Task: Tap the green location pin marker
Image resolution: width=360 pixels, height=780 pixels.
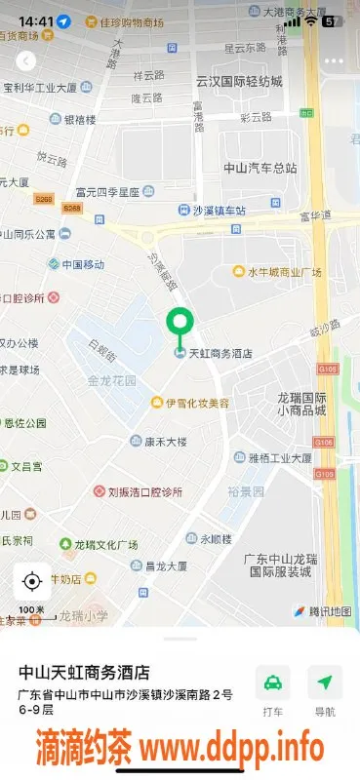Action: tap(180, 323)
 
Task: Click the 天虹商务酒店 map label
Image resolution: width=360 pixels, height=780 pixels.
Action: tap(219, 353)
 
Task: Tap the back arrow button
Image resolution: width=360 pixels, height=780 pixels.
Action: tap(26, 60)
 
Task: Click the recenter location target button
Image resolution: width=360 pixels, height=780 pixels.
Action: tap(31, 582)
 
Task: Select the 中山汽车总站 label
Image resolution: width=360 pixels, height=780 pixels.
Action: tap(260, 167)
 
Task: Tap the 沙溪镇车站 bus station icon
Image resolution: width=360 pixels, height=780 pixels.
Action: tap(183, 210)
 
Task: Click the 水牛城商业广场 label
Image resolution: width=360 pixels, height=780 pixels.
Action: tap(284, 272)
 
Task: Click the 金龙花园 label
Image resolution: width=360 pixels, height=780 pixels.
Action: tap(112, 379)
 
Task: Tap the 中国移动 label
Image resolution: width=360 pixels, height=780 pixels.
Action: tap(83, 264)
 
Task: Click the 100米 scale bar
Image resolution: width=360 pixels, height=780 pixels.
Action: tap(31, 611)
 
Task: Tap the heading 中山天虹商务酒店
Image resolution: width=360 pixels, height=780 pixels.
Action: tap(85, 672)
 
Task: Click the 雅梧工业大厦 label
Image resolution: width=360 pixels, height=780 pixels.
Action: tap(279, 456)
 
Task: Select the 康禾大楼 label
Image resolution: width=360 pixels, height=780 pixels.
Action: tap(165, 441)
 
